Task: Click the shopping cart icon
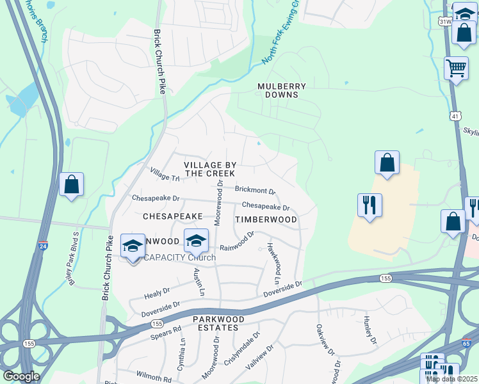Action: [455, 68]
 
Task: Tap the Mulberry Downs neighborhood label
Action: [282, 90]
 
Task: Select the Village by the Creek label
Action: [209, 169]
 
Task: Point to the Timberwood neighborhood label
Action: [266, 220]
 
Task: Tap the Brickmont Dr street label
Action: [255, 191]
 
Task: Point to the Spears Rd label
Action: [166, 333]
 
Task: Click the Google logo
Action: [20, 376]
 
